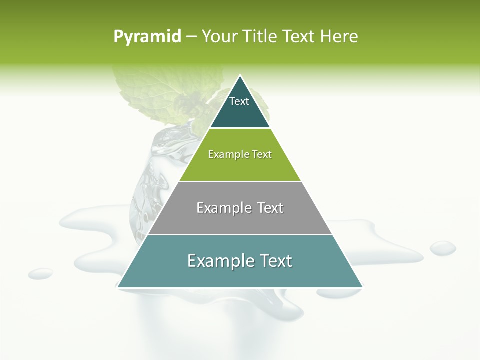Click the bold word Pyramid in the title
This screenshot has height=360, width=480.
[x=147, y=37]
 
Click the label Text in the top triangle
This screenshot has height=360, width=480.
[x=239, y=101]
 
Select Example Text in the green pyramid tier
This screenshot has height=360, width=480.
[x=240, y=154]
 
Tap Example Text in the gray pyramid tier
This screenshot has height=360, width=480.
[x=240, y=208]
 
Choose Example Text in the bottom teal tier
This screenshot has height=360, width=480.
[x=240, y=261]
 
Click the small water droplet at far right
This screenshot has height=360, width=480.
[x=443, y=248]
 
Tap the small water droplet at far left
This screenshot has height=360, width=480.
[x=40, y=273]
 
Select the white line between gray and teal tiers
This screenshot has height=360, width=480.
[x=240, y=234]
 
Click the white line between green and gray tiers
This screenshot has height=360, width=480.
[x=240, y=181]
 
